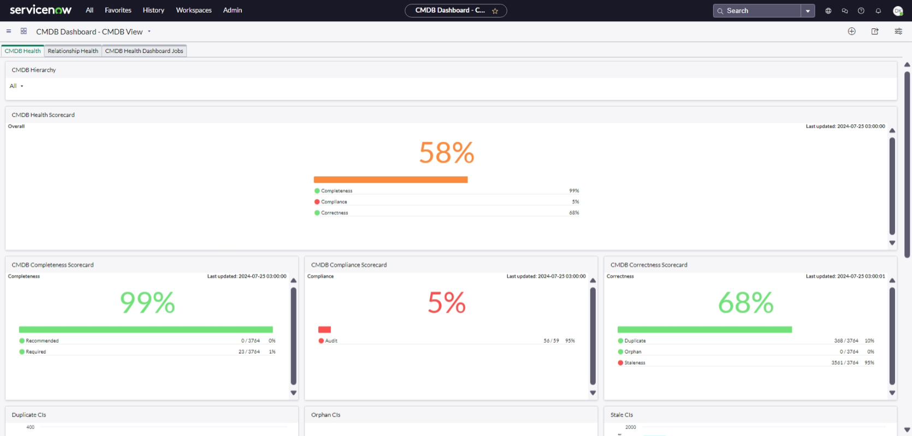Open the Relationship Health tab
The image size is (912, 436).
click(x=73, y=51)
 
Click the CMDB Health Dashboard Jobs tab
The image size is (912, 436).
click(x=144, y=51)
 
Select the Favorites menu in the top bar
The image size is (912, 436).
click(x=118, y=10)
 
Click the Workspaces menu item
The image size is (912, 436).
click(x=193, y=10)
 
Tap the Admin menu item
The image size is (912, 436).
click(x=232, y=10)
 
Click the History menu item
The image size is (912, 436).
click(x=153, y=10)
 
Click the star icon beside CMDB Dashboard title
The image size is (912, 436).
click(x=495, y=11)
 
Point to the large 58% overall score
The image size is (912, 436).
click(x=446, y=153)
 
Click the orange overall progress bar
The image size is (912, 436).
click(x=390, y=180)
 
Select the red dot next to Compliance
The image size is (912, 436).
click(x=317, y=202)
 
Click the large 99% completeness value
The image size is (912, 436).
click(x=147, y=303)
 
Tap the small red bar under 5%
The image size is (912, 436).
click(x=324, y=330)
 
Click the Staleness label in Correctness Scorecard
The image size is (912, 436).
click(x=635, y=363)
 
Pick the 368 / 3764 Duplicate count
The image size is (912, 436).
click(x=846, y=341)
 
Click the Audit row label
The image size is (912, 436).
click(x=331, y=341)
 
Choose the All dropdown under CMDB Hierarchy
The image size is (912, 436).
click(x=16, y=86)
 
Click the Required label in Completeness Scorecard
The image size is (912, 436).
click(x=36, y=352)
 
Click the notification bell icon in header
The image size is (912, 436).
click(x=878, y=11)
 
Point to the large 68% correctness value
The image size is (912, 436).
click(x=745, y=303)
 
